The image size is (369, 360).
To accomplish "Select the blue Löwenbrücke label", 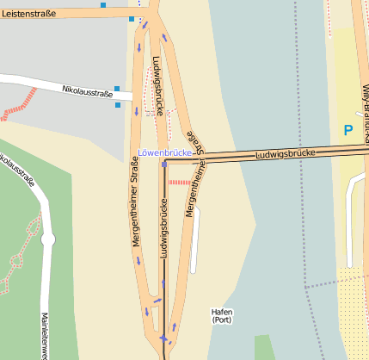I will pos(163,153).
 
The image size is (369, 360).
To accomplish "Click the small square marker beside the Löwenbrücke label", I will pos(163,164).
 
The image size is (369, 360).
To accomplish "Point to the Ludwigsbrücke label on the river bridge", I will pos(285,154).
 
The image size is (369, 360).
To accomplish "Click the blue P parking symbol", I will pos(348,131).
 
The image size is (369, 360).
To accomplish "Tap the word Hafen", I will pos(222,312).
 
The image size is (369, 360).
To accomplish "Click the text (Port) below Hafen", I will pos(222,320).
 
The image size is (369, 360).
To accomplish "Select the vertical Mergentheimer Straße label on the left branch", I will pos(136,207).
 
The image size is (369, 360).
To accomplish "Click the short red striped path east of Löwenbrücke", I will pos(179,182).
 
